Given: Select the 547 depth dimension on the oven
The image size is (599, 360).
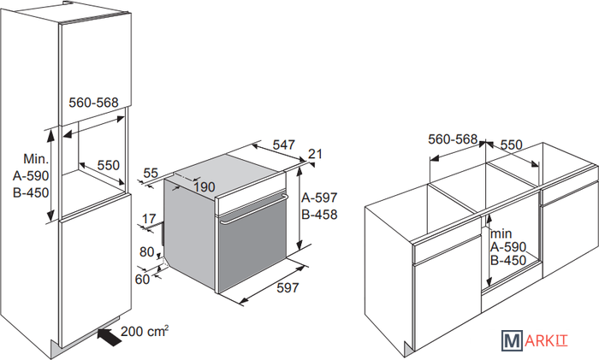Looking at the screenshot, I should click(x=287, y=145).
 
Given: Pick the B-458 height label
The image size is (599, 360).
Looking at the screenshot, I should click(x=321, y=215).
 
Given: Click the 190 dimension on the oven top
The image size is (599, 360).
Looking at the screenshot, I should click(x=204, y=187).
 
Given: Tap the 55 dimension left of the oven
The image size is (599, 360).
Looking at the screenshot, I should click(x=151, y=174).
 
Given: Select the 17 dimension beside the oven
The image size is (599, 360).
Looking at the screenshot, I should click(x=150, y=218).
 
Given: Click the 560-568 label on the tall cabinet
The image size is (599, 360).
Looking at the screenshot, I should click(x=92, y=102).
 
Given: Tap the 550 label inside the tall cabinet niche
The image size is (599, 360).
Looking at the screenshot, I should click(x=107, y=166).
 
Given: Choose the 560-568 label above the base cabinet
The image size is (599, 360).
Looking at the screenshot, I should click(x=452, y=139).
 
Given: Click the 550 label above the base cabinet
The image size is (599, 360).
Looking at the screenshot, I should click(x=511, y=145).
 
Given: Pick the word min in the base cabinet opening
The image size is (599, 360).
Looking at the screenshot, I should click(x=501, y=233).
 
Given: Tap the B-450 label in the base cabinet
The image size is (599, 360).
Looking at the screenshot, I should click(x=509, y=261).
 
